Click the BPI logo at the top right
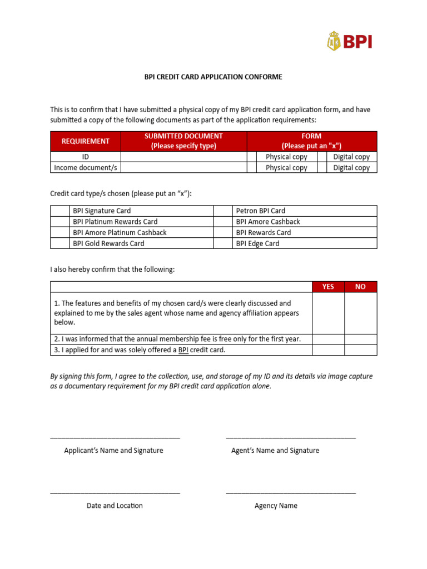(349, 41)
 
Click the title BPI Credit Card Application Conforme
(213, 77)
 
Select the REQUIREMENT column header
(86, 141)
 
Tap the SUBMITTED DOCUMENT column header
(183, 141)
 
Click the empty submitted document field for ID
(183, 157)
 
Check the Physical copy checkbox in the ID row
(252, 157)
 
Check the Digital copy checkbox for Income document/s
(322, 168)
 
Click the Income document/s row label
(86, 168)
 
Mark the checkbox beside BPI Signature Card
(59, 211)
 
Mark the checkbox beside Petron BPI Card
(223, 211)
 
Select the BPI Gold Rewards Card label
(108, 243)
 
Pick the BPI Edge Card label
(257, 243)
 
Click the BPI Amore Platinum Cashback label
(120, 232)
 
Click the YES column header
(328, 287)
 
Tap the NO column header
(360, 287)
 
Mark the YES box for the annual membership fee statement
(328, 339)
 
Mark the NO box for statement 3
(360, 350)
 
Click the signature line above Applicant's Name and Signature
(115, 438)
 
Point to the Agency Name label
(276, 506)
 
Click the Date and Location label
(115, 506)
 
